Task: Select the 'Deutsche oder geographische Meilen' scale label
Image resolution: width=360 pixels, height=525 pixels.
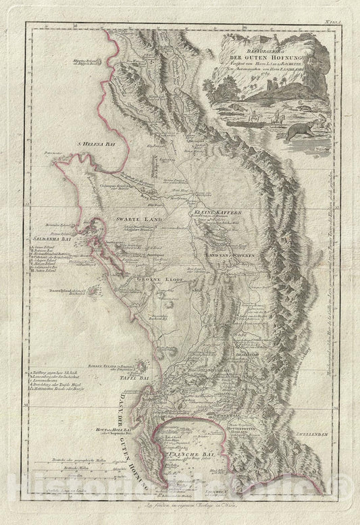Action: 68,474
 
